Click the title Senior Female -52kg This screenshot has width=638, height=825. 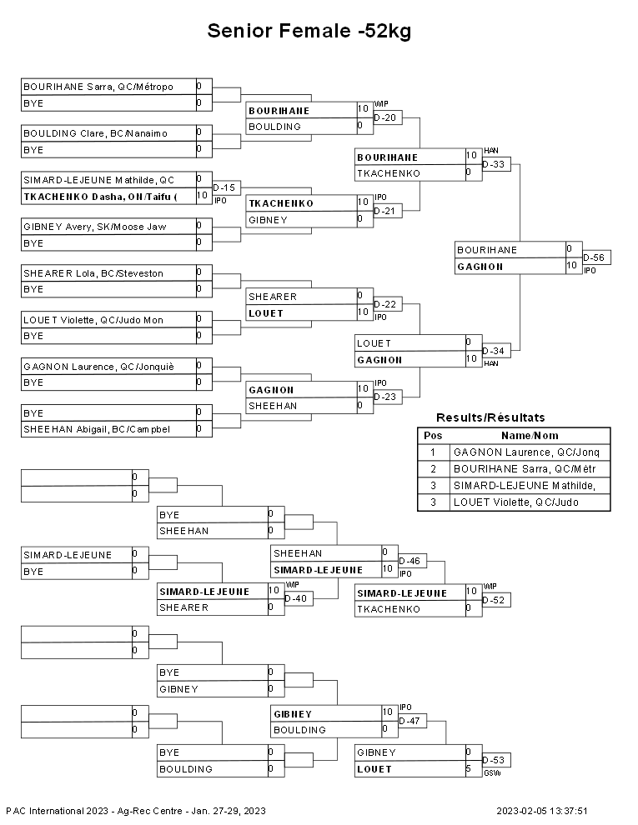(309, 31)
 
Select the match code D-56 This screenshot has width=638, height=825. (594, 257)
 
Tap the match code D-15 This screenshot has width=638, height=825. (224, 187)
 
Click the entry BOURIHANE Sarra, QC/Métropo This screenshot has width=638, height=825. (98, 87)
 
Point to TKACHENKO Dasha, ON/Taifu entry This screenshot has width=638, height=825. (100, 197)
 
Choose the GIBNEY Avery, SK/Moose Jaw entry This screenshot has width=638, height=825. (95, 227)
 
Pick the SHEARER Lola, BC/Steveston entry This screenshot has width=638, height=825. (93, 273)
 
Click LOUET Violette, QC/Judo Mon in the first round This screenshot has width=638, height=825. (93, 320)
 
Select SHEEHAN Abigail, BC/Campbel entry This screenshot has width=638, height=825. (97, 429)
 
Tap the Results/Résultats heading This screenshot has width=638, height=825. (490, 417)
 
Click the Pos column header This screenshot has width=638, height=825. (433, 436)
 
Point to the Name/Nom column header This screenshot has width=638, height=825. (530, 436)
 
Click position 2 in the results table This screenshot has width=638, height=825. (433, 469)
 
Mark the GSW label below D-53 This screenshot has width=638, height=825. (492, 773)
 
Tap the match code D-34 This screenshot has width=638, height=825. (493, 351)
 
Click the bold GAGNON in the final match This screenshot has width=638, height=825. (480, 267)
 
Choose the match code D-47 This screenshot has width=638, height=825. (409, 721)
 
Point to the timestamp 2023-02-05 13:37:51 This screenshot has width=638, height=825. (541, 811)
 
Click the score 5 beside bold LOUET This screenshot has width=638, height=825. (469, 768)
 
